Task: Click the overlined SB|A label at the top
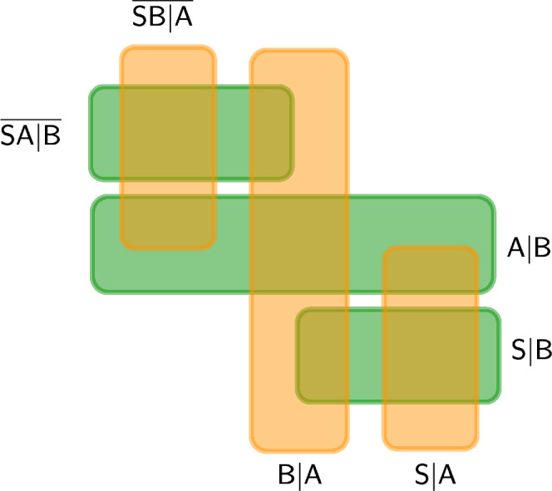click(x=163, y=17)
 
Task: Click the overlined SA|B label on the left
click(x=31, y=135)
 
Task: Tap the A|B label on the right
click(x=529, y=248)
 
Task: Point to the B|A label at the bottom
click(x=300, y=475)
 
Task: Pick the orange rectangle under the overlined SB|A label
click(x=168, y=66)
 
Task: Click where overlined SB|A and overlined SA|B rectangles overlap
click(x=168, y=133)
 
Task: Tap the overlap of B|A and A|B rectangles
click(x=299, y=244)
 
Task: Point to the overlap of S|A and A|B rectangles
click(x=431, y=270)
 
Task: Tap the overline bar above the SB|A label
click(x=163, y=2)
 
